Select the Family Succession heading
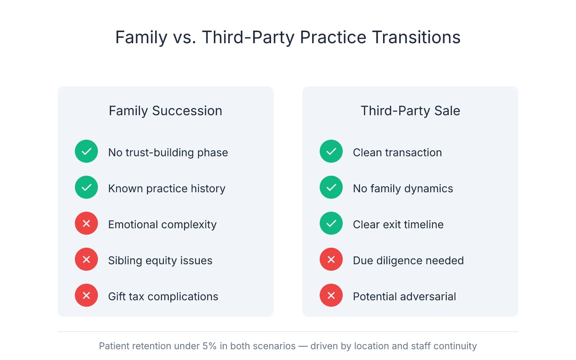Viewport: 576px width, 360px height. (x=165, y=111)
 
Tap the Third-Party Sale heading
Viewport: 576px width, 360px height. (x=410, y=111)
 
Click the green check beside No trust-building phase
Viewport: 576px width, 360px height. (x=86, y=151)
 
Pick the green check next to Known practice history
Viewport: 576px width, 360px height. (x=86, y=187)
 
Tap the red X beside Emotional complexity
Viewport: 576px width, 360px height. (x=86, y=223)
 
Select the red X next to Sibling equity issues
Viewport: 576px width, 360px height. (x=86, y=259)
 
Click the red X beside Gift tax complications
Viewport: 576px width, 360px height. (x=86, y=295)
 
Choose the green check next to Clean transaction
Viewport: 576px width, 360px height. (x=331, y=151)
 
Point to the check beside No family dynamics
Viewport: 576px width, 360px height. (x=331, y=187)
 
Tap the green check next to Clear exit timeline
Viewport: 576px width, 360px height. (x=331, y=223)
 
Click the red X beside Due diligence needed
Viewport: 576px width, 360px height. (x=331, y=259)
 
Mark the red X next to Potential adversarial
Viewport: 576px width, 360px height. (x=331, y=295)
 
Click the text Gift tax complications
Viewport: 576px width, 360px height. (x=163, y=297)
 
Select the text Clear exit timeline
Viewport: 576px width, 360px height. (x=398, y=225)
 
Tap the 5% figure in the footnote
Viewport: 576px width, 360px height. (x=209, y=346)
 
